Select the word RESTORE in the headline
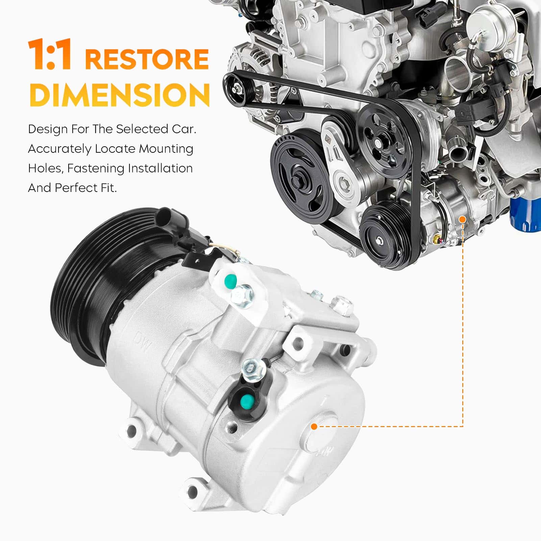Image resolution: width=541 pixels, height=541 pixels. [x=147, y=59]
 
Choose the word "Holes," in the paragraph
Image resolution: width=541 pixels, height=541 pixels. [x=46, y=169]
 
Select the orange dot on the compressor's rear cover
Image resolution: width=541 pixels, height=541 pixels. [x=314, y=427]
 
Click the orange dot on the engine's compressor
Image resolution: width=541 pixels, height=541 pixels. [x=463, y=220]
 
